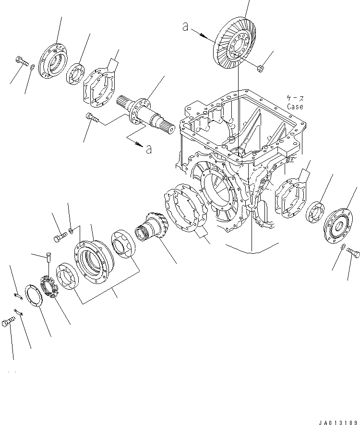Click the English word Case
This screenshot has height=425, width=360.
coord(295,106)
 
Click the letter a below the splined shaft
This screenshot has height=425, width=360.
coord(149,149)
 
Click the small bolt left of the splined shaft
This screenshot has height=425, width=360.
coord(91,116)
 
